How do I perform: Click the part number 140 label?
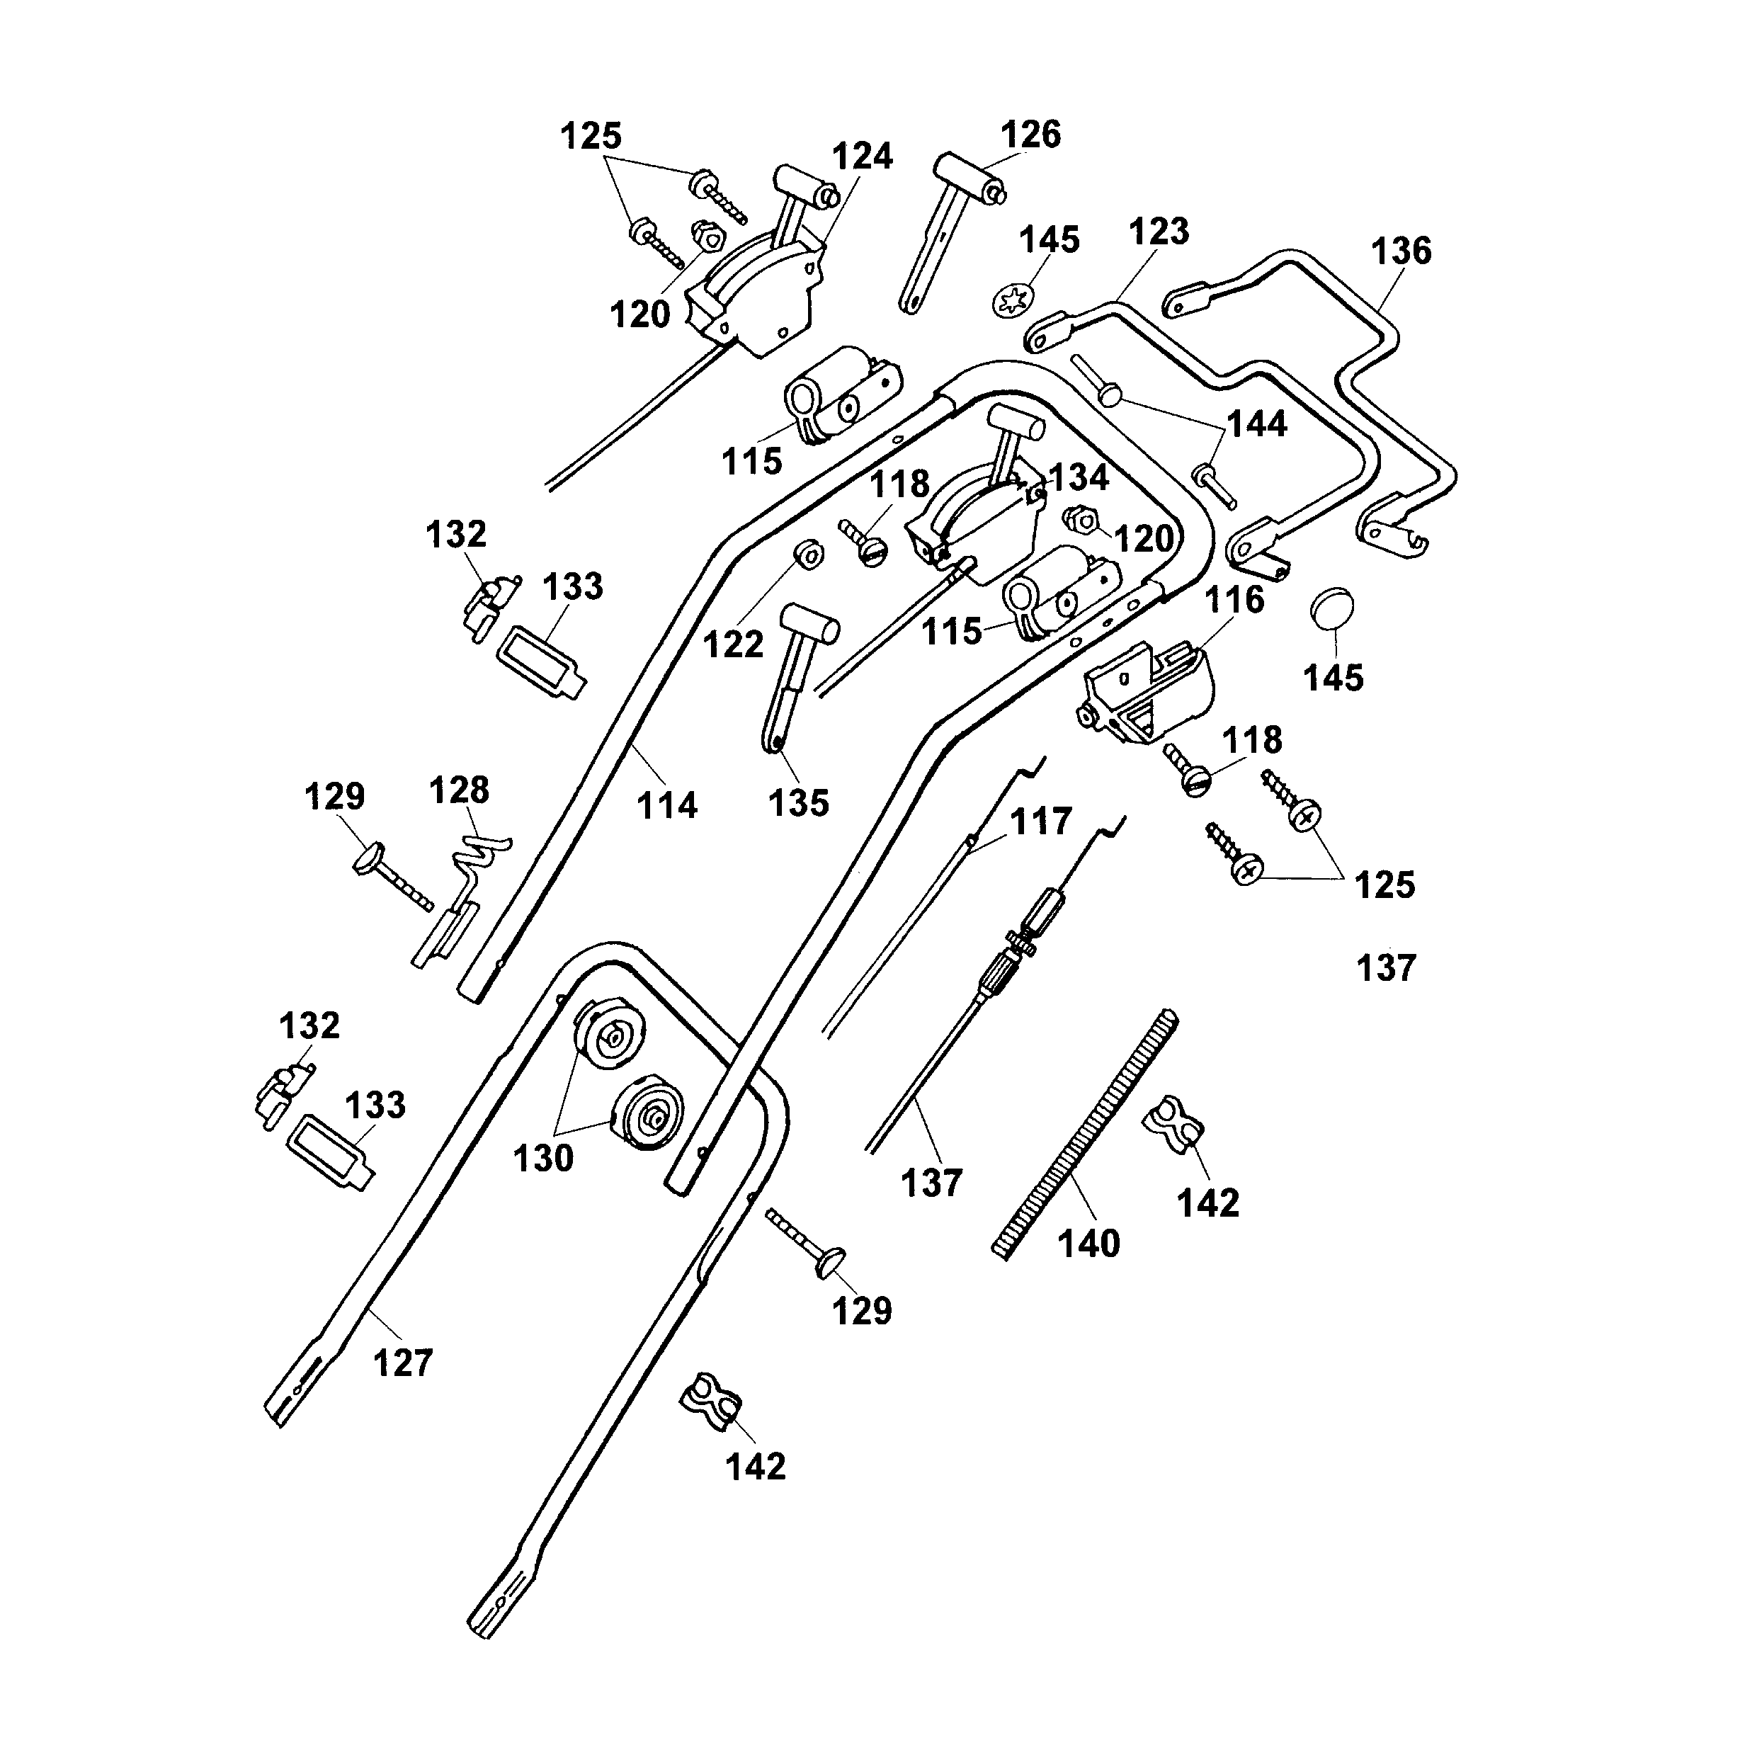pos(1088,1244)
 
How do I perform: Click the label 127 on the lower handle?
pos(403,1363)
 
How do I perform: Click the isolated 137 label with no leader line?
pos(1386,968)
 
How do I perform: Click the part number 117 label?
pos(1041,822)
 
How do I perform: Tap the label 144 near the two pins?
pos(1258,423)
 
